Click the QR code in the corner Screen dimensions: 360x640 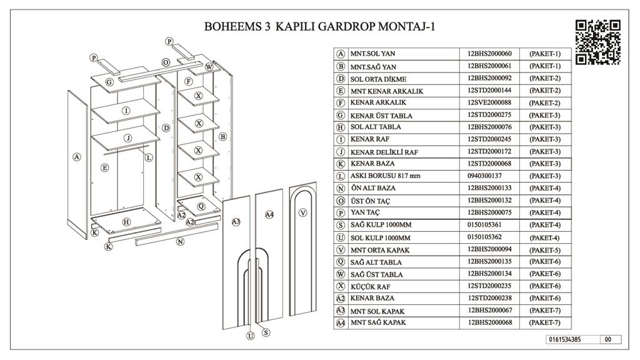coord(597,41)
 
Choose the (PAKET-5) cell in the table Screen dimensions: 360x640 coord(544,250)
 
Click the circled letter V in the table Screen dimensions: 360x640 coord(341,250)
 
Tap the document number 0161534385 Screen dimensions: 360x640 coord(564,340)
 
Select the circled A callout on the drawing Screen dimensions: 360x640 coord(76,157)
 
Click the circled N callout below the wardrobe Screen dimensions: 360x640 coord(180,241)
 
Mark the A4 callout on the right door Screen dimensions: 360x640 coord(269,215)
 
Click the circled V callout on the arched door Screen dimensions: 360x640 coord(304,212)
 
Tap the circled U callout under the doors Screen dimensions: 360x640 coord(251,336)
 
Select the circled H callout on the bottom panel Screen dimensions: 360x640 coord(126,222)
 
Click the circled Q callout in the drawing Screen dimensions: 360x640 coord(201,206)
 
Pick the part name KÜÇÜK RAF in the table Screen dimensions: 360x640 coord(371,286)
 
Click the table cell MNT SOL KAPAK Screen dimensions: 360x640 coord(377,311)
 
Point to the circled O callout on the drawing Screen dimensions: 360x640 coord(166,62)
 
